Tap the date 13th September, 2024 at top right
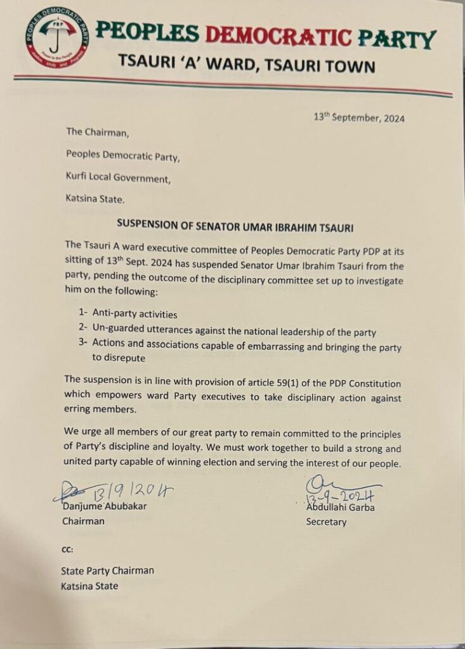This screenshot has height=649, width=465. [x=359, y=117]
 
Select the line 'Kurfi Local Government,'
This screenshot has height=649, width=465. [x=118, y=179]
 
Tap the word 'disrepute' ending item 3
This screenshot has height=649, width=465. [x=128, y=359]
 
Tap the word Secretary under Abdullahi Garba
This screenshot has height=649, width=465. [x=326, y=522]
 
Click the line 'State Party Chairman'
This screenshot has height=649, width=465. [x=107, y=570]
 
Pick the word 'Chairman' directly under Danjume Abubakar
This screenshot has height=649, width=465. [x=83, y=522]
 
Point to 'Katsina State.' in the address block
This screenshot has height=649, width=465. [x=95, y=199]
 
